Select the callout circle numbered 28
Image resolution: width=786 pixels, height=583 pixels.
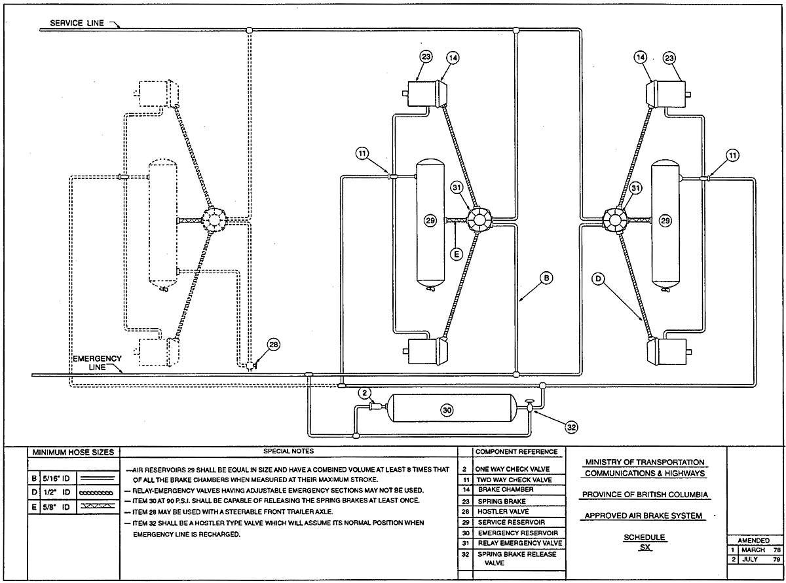pyautogui.click(x=272, y=346)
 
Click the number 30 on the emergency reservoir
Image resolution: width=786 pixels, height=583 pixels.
pyautogui.click(x=447, y=409)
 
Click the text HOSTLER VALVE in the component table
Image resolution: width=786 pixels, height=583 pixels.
pyautogui.click(x=500, y=511)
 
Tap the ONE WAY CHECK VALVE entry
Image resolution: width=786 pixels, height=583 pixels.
pyautogui.click(x=513, y=469)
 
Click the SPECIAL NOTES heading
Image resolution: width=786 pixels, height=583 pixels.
pyautogui.click(x=288, y=451)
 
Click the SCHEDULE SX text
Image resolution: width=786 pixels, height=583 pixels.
pyautogui.click(x=645, y=541)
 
